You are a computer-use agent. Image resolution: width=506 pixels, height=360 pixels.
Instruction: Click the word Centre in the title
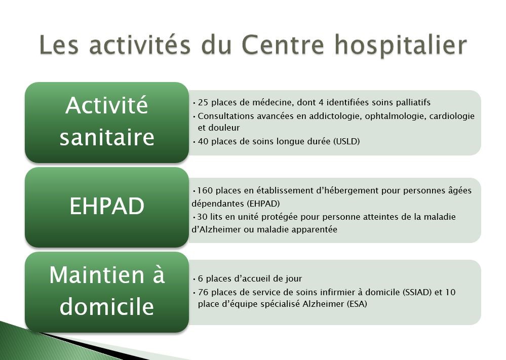tap(283, 45)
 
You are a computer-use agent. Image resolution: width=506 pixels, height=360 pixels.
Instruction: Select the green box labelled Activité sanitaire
tap(107, 123)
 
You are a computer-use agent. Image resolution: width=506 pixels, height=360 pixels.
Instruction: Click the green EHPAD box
tap(107, 208)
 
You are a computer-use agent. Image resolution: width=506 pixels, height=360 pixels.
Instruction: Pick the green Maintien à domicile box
tap(107, 292)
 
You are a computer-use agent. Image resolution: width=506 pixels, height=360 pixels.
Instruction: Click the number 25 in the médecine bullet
tap(203, 103)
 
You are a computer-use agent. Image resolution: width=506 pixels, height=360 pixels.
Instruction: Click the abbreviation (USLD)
tap(346, 142)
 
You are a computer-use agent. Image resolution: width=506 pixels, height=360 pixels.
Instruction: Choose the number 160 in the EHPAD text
tap(205, 191)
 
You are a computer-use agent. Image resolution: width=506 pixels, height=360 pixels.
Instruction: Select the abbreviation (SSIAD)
tap(417, 293)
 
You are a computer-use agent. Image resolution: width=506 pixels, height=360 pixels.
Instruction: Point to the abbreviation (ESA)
tap(357, 304)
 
